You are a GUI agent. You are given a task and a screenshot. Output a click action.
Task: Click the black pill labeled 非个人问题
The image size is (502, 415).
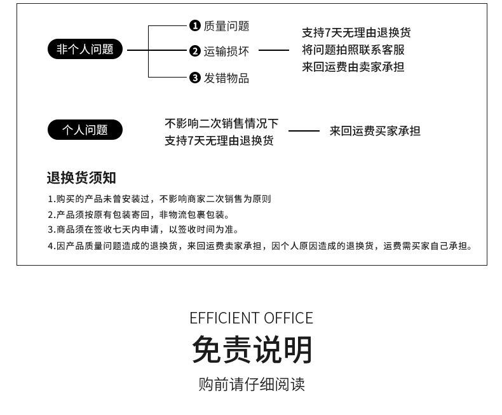(85, 49)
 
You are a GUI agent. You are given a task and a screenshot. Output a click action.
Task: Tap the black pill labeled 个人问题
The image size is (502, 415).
(85, 130)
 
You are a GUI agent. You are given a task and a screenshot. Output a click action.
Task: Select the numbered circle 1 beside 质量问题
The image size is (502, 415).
(195, 25)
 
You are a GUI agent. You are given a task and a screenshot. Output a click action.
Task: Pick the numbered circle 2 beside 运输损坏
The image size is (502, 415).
(195, 51)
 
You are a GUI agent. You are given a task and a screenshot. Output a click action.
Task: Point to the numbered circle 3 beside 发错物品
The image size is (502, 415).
(195, 78)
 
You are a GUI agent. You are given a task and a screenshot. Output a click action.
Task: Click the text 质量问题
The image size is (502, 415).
(226, 26)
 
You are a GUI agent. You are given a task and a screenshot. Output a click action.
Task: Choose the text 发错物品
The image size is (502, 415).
(226, 78)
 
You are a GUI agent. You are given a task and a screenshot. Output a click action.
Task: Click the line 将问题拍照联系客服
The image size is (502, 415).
(353, 50)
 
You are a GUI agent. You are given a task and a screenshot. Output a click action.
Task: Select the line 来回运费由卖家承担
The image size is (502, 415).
(353, 66)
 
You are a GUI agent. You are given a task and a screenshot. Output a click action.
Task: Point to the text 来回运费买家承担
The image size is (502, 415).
(375, 131)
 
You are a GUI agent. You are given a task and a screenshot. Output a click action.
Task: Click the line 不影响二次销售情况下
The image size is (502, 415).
(221, 123)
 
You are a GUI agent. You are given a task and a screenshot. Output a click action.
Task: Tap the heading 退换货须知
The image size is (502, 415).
(81, 177)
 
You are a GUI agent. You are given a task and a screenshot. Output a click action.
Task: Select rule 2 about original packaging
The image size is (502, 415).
(139, 215)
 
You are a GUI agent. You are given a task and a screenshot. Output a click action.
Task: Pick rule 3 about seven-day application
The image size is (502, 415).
(143, 229)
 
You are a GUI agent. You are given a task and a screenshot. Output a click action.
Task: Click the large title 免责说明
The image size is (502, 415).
(252, 350)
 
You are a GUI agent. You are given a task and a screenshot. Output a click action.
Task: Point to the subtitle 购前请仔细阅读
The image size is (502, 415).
(252, 384)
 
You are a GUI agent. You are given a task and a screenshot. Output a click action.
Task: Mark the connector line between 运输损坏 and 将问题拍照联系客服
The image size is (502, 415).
(274, 50)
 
